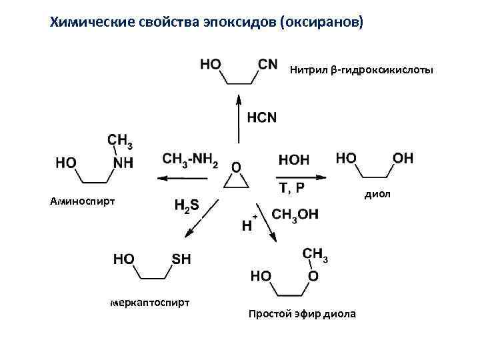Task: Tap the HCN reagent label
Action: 261,118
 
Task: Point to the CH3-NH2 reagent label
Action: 190,159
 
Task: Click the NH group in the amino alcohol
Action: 123,163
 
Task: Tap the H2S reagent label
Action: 186,206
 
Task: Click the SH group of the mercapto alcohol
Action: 181,259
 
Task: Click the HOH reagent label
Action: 293,160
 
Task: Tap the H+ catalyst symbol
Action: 249,224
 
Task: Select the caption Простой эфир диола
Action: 302,314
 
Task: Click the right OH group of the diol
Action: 403,158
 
